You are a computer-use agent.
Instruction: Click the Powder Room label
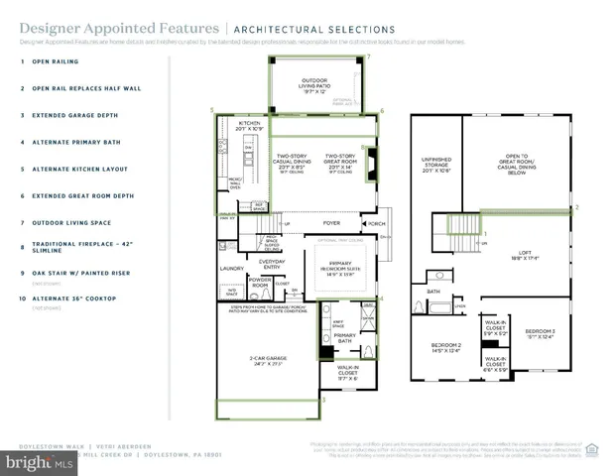click(x=262, y=282)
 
